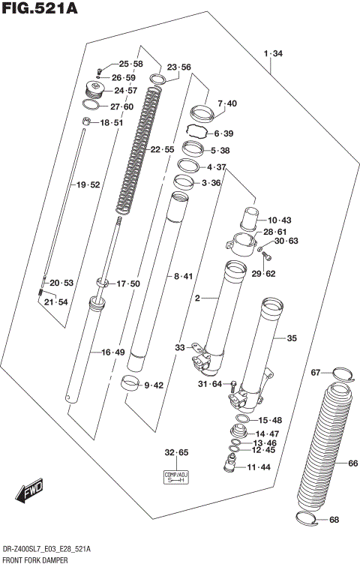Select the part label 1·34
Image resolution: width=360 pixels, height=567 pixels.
[273, 53]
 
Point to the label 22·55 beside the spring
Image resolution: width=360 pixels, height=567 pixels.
[162, 150]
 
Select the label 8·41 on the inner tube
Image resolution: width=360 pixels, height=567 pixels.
[182, 277]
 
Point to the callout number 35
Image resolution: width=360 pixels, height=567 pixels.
[292, 338]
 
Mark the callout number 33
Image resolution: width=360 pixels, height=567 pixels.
[179, 347]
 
